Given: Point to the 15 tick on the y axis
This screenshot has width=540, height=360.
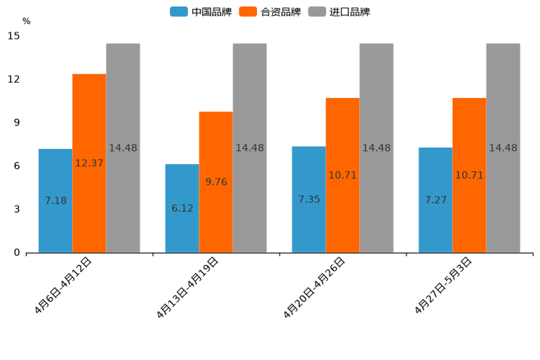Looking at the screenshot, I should (x=14, y=36).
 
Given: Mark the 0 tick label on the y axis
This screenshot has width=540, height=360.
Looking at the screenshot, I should (x=17, y=253).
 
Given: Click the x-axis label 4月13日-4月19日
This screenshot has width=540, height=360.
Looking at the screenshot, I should (x=187, y=287).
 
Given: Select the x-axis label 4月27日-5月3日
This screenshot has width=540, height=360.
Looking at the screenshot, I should (x=443, y=285).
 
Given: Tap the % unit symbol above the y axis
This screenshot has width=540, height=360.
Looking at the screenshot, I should (x=26, y=21).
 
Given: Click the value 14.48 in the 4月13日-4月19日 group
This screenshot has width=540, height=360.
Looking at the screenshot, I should (x=250, y=148).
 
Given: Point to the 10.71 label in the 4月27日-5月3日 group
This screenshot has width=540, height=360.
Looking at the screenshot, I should (x=470, y=175).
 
